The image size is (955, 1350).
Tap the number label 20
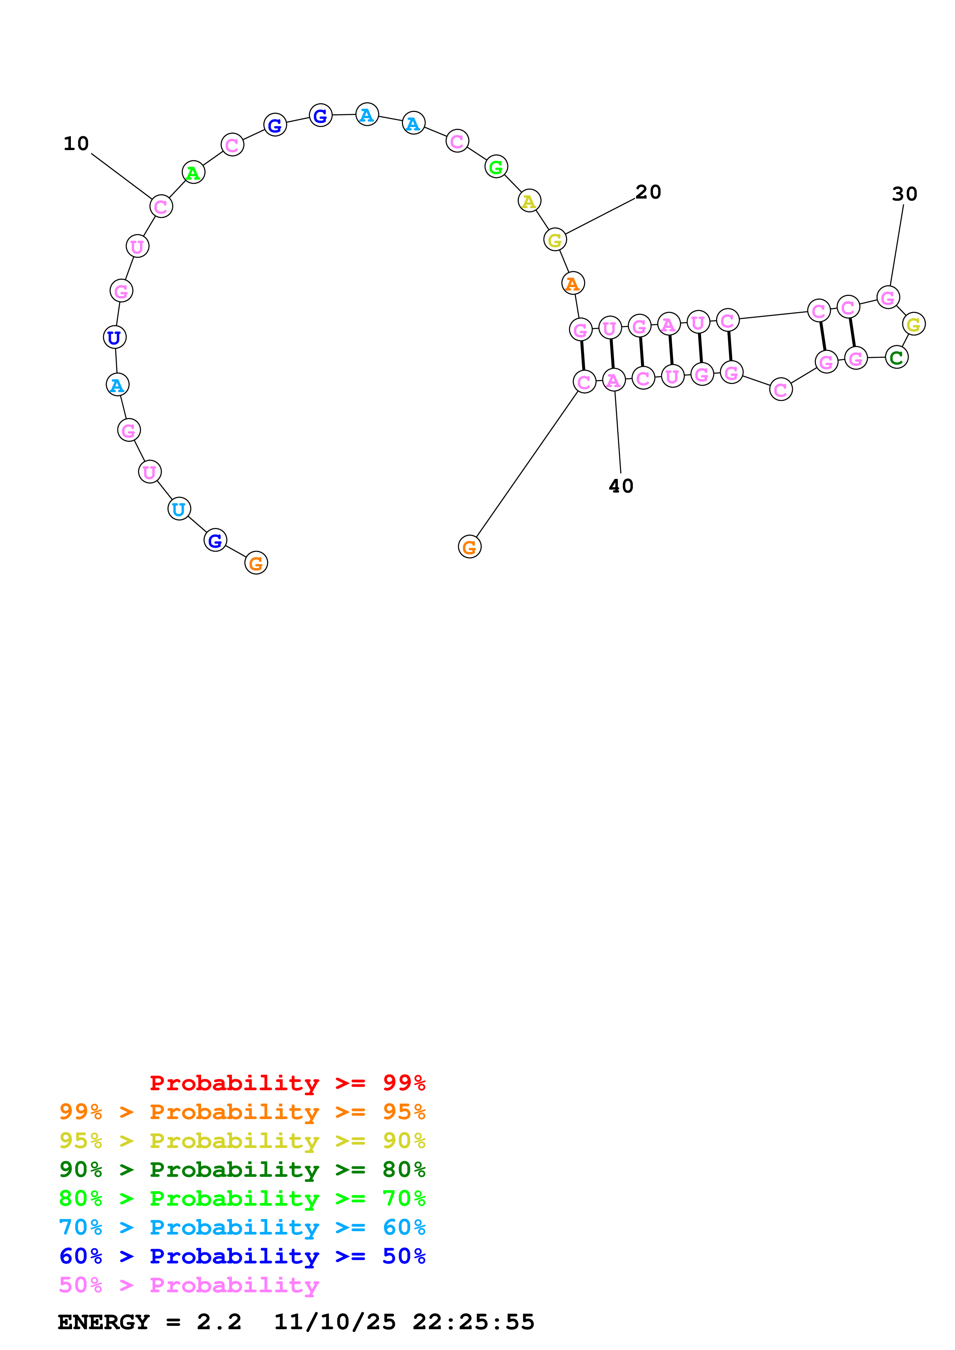pos(648,192)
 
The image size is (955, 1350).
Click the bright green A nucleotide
pos(193,173)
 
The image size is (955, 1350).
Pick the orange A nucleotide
pos(572,283)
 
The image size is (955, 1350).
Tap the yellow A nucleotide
pos(529,201)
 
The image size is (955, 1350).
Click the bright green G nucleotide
pos(496,167)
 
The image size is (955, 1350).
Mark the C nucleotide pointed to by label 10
pos(161,206)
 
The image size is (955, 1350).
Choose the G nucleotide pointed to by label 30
pos(887,297)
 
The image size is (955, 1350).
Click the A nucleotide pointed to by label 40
pos(613,381)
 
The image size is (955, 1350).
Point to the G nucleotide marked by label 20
pos(554,240)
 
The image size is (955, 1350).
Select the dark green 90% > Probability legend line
pos(242,1170)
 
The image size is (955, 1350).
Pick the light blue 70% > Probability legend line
pos(242,1227)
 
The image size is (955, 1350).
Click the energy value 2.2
pos(219,1322)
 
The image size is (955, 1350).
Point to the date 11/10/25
pos(334,1322)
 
